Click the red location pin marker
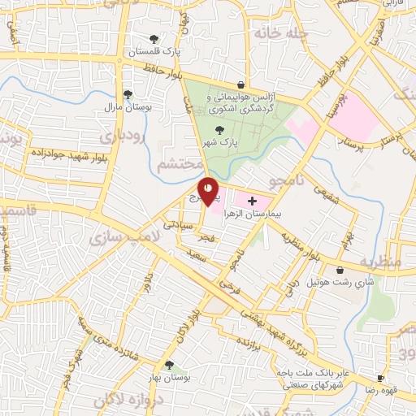[210, 191]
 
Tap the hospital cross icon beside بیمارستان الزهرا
[252, 201]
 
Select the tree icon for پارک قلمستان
[154, 38]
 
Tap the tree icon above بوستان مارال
[128, 94]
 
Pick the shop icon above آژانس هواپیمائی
[240, 84]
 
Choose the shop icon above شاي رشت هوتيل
[340, 271]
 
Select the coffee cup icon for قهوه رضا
[380, 379]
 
